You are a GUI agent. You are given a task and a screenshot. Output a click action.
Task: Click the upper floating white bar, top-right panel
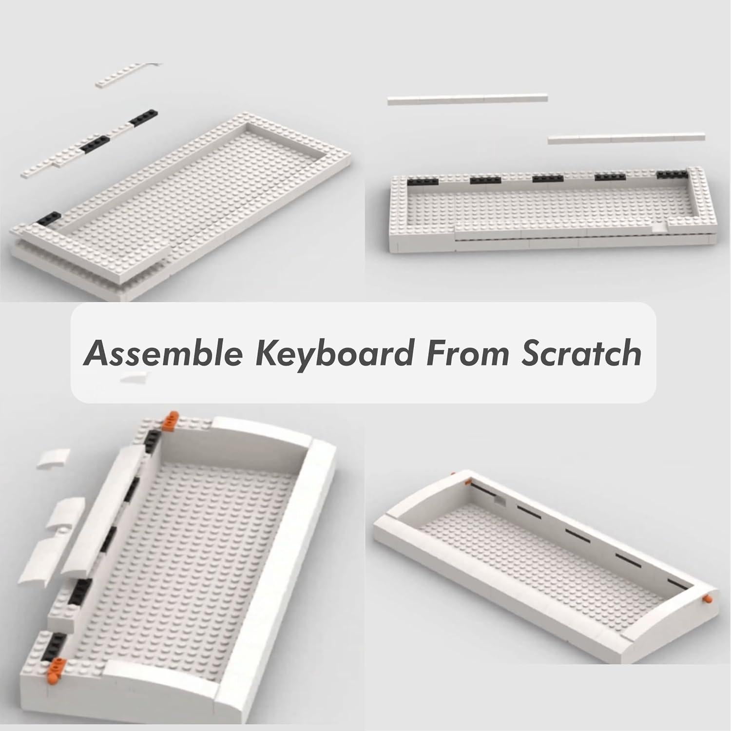(x=467, y=99)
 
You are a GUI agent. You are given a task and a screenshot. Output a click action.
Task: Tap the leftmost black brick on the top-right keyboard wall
(x=423, y=181)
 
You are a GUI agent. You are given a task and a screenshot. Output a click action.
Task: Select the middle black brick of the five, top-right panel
(x=547, y=179)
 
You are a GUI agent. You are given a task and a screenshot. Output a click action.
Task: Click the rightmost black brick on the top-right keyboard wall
(x=672, y=175)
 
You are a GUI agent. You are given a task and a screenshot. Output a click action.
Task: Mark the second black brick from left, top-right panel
(x=485, y=180)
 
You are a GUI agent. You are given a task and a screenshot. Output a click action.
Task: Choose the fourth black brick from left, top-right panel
(x=610, y=177)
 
